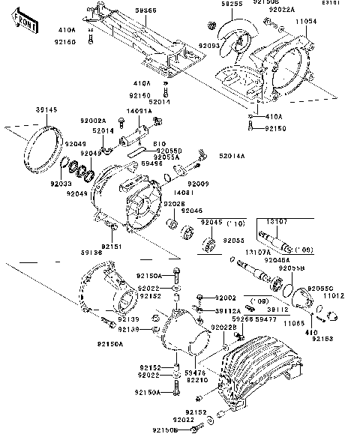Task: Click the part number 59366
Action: [x=146, y=11]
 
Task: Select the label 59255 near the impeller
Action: [x=211, y=4]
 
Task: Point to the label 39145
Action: [x=46, y=109]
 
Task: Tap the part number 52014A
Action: [x=234, y=156]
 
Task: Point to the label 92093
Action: [x=209, y=46]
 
